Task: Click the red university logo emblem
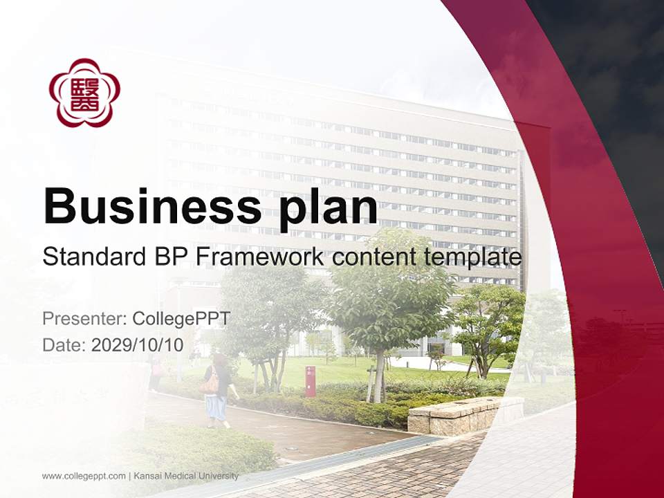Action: (x=84, y=93)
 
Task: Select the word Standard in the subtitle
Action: (x=90, y=258)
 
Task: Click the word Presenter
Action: (x=81, y=319)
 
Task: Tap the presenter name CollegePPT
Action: (x=181, y=319)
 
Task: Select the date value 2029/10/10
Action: (x=138, y=345)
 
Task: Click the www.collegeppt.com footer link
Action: (x=84, y=476)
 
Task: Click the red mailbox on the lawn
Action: (x=310, y=381)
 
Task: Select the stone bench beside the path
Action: (x=465, y=414)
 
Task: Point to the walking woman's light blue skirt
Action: (x=216, y=407)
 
